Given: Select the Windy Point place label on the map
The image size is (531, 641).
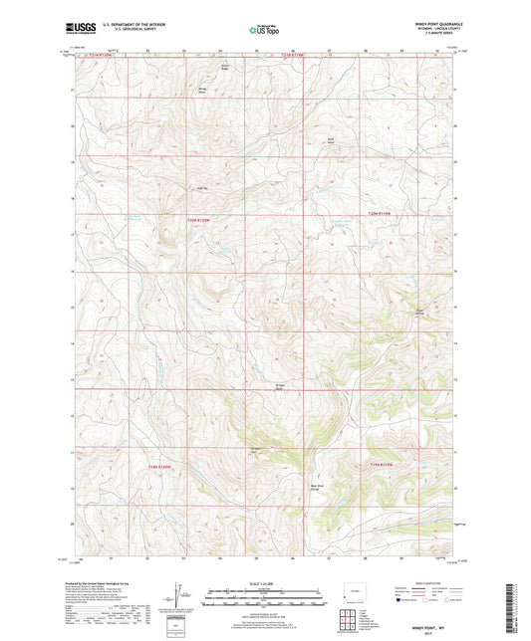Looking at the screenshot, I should tap(204, 91).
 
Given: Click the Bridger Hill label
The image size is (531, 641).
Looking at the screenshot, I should tap(254, 450).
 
